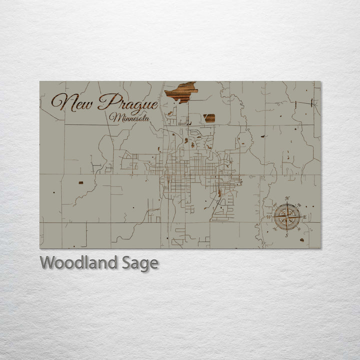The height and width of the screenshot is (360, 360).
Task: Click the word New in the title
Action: [73, 102]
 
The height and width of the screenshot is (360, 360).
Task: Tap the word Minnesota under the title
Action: [131, 118]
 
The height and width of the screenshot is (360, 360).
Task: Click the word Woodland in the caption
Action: [78, 262]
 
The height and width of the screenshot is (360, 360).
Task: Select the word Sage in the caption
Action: [140, 263]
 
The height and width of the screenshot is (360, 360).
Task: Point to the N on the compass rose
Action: [287, 199]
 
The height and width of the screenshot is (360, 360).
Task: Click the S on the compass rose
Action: [286, 235]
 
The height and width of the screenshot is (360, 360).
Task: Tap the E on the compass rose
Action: [304, 217]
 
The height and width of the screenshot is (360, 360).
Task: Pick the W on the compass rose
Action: [269, 217]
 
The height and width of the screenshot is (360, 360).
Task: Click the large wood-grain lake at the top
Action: [181, 92]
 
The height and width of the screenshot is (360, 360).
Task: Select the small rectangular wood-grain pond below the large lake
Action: [209, 118]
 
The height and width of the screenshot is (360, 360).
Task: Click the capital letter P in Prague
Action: [106, 102]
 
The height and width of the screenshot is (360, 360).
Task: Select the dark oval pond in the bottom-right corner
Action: [301, 240]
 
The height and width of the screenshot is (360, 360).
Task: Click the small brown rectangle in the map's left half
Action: [80, 182]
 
